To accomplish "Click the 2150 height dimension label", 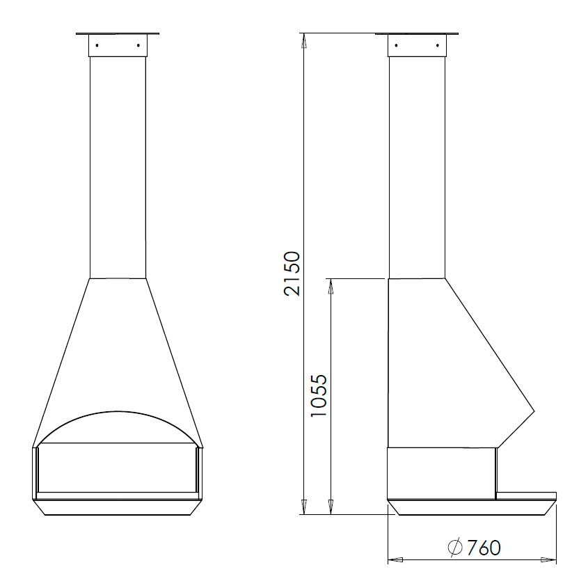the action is (292, 273).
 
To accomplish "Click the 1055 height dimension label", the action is (319, 395).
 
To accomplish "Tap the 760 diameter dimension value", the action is (484, 548).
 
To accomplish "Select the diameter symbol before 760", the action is (455, 548).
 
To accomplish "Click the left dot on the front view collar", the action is (97, 45).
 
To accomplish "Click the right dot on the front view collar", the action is (138, 45).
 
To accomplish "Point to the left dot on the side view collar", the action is (397, 46).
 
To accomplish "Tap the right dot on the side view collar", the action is (438, 46).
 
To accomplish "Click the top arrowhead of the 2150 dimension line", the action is (304, 40).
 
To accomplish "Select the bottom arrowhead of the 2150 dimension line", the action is (304, 507).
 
